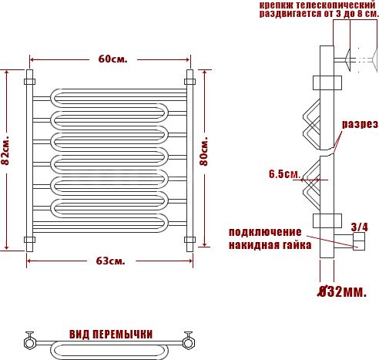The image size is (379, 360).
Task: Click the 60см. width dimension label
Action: [x=112, y=59]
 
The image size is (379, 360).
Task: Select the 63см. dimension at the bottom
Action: [x=111, y=261]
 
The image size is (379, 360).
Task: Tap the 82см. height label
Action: [x=5, y=150]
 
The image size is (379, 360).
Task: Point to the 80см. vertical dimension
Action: [x=204, y=152]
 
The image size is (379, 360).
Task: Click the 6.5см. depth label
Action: [x=285, y=174]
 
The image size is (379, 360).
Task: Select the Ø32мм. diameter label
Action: [x=342, y=291]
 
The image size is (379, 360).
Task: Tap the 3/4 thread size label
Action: [x=359, y=227]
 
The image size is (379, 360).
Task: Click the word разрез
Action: [x=360, y=124]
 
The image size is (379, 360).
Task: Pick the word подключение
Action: [x=265, y=232]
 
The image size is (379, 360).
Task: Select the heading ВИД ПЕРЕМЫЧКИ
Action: [x=111, y=335]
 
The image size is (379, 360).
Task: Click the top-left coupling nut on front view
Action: [x=29, y=82]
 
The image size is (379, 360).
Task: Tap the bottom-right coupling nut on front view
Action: [x=189, y=240]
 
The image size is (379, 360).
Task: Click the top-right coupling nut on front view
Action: [x=189, y=82]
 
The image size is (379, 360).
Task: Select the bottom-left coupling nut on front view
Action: [x=29, y=240]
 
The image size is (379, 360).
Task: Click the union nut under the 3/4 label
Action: [x=359, y=241]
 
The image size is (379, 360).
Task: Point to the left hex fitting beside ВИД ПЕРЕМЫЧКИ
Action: [x=29, y=343]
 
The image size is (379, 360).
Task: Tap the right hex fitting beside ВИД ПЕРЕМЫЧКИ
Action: [x=189, y=343]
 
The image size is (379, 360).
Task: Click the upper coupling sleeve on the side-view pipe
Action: [x=327, y=82]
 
